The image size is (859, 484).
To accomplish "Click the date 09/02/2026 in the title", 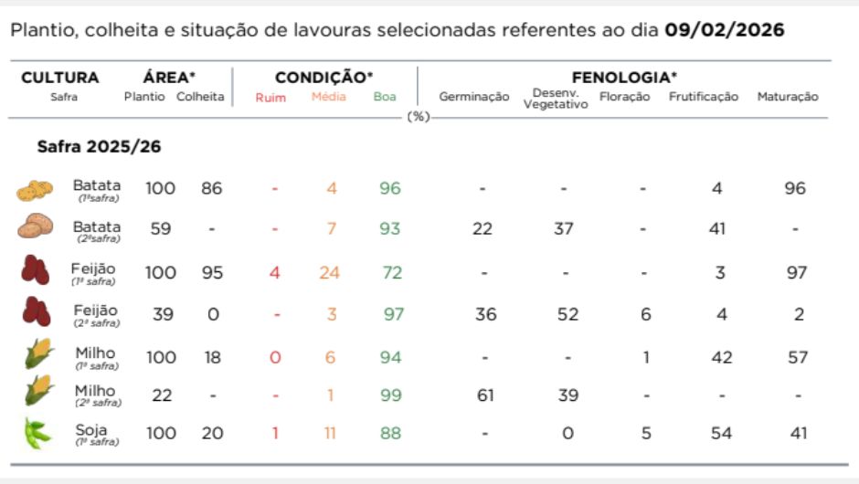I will [x=724, y=30].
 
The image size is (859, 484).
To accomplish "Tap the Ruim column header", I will [x=264, y=97].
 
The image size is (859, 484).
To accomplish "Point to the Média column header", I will [x=329, y=97].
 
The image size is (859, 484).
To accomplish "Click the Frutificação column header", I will [x=703, y=97].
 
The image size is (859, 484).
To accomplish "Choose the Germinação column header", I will [x=474, y=97].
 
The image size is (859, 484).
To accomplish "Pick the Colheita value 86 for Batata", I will [x=212, y=189].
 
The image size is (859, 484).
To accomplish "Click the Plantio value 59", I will [x=161, y=228].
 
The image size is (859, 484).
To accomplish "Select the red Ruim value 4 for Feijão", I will [x=274, y=273].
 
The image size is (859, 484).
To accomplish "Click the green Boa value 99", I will [x=390, y=395].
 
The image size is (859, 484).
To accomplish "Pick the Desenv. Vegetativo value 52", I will [x=567, y=315].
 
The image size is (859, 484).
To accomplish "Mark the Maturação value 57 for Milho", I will [x=798, y=357].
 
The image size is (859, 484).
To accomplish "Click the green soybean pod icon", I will [x=37, y=433].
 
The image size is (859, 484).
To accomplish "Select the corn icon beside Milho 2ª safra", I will [x=38, y=393].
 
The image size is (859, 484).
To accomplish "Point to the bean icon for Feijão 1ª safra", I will [x=36, y=271].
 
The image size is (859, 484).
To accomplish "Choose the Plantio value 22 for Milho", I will [x=161, y=395].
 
